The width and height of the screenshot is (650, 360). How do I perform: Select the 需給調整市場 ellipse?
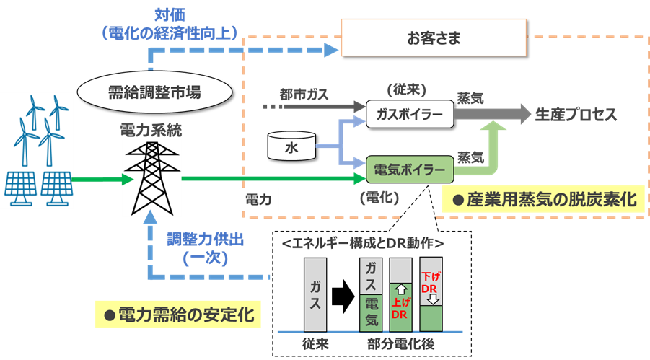pos(154,92)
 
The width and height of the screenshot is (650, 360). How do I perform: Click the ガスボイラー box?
pos(409,114)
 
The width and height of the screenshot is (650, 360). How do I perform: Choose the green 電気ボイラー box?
pos(409,170)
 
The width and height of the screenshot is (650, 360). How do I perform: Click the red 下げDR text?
pos(429,280)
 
